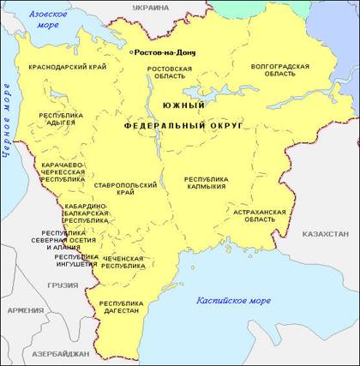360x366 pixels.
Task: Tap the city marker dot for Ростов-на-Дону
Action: pyautogui.click(x=130, y=52)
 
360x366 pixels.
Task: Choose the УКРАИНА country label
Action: pyautogui.click(x=151, y=7)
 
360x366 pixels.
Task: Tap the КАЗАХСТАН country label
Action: pyautogui.click(x=324, y=233)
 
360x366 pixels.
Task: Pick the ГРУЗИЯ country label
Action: pyautogui.click(x=63, y=285)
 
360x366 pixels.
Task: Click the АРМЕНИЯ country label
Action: pyautogui.click(x=26, y=310)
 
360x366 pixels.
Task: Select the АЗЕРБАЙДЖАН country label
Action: pyautogui.click(x=60, y=353)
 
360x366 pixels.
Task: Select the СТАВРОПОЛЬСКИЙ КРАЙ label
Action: pyautogui.click(x=126, y=189)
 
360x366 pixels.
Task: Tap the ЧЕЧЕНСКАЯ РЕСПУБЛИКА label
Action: pyautogui.click(x=123, y=261)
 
